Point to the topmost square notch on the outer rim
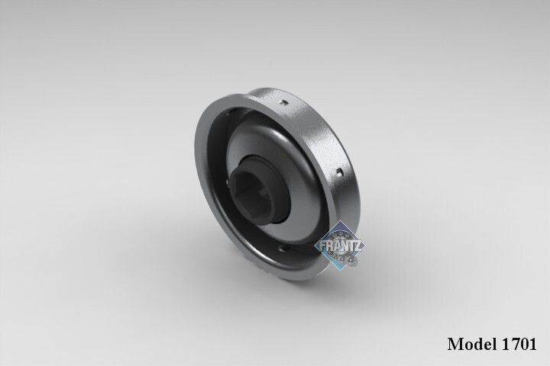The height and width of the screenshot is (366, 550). click(x=283, y=103)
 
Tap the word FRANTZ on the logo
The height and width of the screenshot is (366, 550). click(x=340, y=246)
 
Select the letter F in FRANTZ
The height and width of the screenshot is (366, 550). click(x=322, y=246)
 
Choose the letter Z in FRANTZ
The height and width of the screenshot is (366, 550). click(x=357, y=246)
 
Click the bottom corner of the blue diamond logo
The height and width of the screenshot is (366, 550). click(x=340, y=270)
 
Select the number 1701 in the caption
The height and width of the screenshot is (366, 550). click(x=519, y=344)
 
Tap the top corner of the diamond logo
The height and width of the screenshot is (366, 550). click(x=340, y=221)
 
